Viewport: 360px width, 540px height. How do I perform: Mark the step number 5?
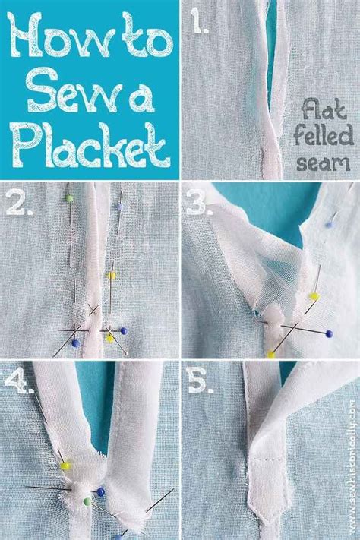click(x=199, y=383)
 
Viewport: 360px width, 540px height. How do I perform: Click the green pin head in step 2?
click(x=68, y=199)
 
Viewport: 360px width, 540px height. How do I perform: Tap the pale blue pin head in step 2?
click(x=120, y=206)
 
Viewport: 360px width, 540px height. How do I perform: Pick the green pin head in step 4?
click(x=87, y=501)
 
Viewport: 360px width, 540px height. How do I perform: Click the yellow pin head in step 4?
click(x=65, y=465)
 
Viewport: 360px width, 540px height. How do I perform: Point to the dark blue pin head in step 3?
click(x=328, y=333)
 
